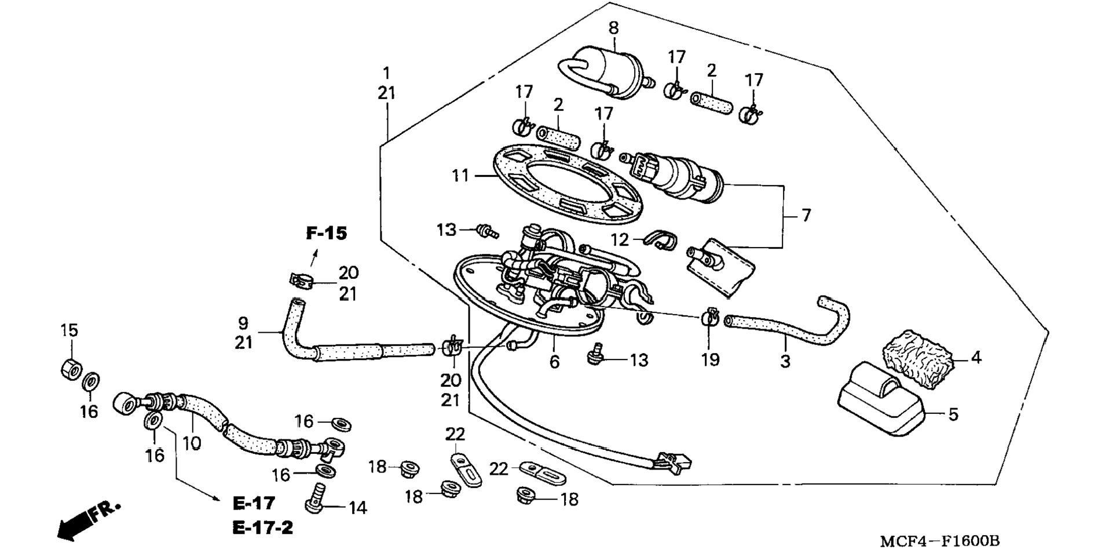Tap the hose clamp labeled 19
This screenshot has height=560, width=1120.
coord(710,317)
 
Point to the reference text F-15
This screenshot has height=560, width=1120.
coord(327,234)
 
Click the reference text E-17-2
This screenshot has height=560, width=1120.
coord(263,528)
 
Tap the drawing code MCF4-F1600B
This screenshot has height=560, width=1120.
coord(940,542)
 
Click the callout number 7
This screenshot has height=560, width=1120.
coord(806,216)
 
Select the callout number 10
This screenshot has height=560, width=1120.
coord(192,443)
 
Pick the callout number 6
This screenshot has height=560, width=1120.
coord(554,362)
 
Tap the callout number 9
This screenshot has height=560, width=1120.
coord(243,323)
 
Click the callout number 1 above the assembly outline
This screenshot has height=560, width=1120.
coord(386,74)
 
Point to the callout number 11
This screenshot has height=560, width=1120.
coord(460,175)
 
